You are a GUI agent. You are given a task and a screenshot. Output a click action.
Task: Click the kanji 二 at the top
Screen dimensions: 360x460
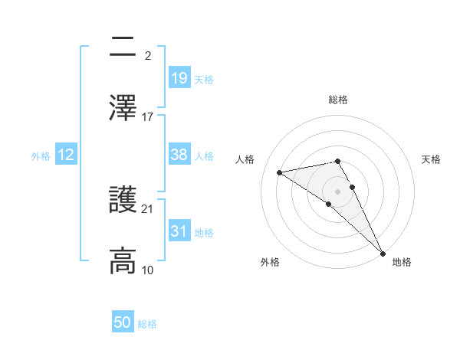point(123,48)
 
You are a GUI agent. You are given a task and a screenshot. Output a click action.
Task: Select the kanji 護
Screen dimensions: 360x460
point(123,201)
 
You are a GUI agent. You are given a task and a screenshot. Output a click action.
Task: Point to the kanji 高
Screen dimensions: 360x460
point(123,260)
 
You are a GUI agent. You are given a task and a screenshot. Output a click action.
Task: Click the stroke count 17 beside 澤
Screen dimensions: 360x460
point(148,117)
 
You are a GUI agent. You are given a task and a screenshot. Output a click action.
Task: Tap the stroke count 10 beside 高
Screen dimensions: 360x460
point(148,270)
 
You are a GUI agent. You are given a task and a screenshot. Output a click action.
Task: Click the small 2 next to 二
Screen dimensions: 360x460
point(147,57)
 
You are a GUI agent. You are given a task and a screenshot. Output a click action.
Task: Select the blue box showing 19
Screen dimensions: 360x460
point(179,77)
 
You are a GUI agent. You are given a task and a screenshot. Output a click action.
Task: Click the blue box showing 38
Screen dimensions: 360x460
point(179,155)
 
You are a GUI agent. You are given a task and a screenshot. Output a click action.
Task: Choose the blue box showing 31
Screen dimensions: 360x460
point(179,231)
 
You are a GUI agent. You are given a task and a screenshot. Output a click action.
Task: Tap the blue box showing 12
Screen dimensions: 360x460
point(66,155)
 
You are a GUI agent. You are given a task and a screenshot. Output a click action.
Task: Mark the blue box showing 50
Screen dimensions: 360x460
point(123,323)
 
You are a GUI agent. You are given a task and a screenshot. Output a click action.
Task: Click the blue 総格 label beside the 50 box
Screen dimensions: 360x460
point(147,324)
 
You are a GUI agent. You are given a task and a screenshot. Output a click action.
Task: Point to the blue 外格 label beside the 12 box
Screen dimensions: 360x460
point(41,155)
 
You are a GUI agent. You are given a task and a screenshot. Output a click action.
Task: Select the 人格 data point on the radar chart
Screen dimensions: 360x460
point(280,172)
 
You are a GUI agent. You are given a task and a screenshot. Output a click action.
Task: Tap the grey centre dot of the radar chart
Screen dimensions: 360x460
point(338,191)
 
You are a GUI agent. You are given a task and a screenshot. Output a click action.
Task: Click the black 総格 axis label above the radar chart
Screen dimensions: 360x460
point(338,100)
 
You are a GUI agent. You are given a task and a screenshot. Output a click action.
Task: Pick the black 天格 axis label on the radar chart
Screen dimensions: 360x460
point(432,159)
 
